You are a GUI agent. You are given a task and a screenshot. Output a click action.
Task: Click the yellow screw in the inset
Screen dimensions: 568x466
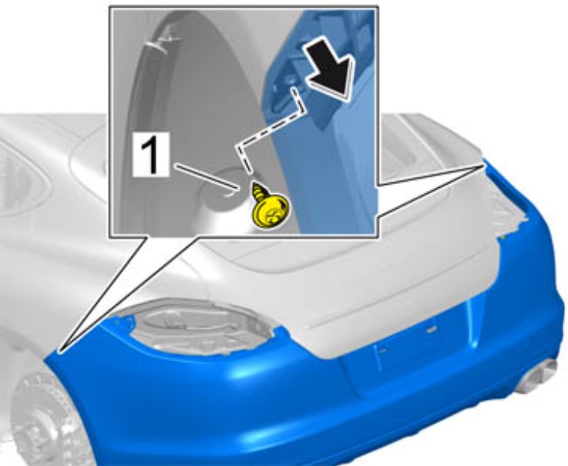271,207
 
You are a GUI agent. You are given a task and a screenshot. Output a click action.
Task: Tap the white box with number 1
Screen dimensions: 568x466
151,155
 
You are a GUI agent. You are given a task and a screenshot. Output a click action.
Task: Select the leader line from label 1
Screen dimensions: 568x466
207,176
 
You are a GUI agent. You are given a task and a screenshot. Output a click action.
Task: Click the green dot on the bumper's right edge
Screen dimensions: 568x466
504,237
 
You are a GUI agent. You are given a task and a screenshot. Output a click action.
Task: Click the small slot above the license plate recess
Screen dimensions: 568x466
431,329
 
